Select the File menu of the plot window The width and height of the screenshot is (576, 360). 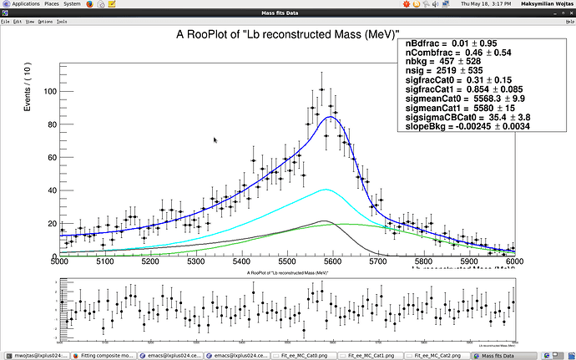click(5, 21)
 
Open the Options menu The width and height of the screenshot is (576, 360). click(45, 21)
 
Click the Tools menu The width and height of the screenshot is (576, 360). click(62, 21)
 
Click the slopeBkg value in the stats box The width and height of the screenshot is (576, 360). click(465, 126)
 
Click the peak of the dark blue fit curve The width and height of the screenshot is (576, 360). click(331, 117)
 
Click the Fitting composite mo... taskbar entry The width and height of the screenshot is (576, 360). click(106, 354)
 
